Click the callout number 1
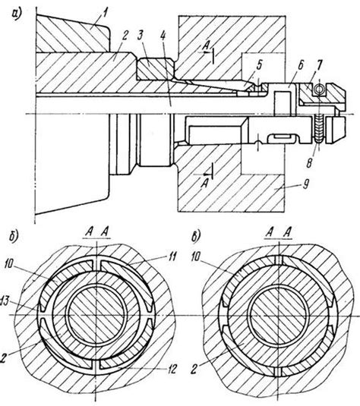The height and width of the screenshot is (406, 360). pyautogui.click(x=105, y=13)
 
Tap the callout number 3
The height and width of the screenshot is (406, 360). pyautogui.click(x=141, y=36)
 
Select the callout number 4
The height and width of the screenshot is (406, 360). pyautogui.click(x=163, y=36)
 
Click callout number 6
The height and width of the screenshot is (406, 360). pyautogui.click(x=301, y=65)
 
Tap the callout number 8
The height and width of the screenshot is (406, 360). pyautogui.click(x=309, y=162)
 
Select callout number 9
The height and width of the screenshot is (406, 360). pyautogui.click(x=306, y=184)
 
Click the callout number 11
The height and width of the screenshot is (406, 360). pyautogui.click(x=172, y=257)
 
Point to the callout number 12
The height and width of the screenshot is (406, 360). pyautogui.click(x=172, y=369)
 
